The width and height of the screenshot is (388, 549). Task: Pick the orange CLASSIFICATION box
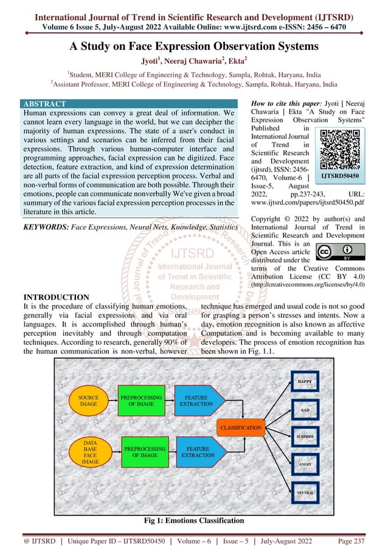coord(241,427)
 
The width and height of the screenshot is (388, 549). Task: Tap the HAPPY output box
coord(305,382)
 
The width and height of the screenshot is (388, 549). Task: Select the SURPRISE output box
coord(305,437)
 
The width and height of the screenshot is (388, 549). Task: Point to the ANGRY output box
coord(305,464)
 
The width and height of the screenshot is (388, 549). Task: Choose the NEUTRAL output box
coord(305,492)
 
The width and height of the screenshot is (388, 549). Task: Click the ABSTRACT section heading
coord(43,104)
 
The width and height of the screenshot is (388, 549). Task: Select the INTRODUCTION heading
coord(55,297)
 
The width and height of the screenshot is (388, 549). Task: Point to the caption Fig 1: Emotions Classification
coord(193,520)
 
